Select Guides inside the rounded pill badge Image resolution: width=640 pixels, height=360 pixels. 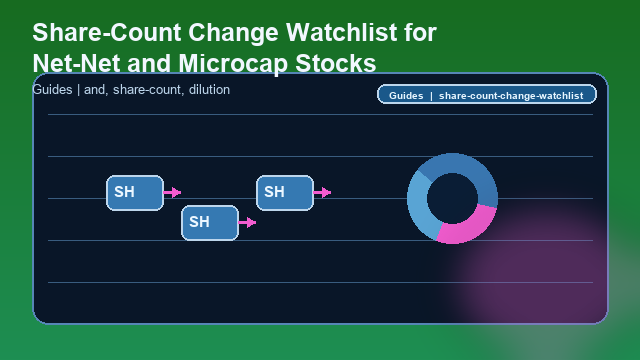(x=406, y=96)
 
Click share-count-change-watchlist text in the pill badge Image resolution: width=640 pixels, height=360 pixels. (x=511, y=96)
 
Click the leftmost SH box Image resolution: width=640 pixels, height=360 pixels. (x=134, y=192)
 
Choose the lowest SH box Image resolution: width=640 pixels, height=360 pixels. (x=209, y=222)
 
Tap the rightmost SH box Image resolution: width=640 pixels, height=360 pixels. (x=285, y=192)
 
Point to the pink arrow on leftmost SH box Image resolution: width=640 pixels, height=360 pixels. (x=173, y=192)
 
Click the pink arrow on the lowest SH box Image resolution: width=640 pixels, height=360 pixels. (x=248, y=222)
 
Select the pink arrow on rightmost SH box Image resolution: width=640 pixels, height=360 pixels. (x=322, y=192)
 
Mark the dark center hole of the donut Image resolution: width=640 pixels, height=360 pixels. (x=452, y=198)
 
